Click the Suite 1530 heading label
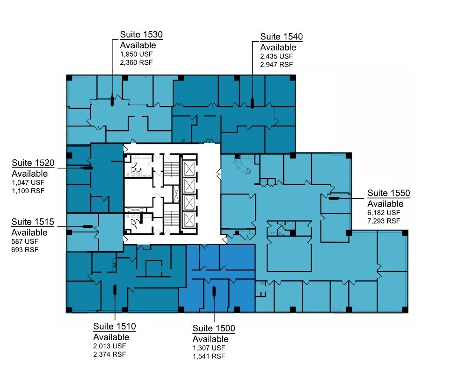pyautogui.click(x=141, y=35)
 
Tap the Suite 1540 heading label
pyautogui.click(x=281, y=37)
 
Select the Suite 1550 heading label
pyautogui.click(x=389, y=193)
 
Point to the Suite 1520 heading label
pyautogui.click(x=33, y=164)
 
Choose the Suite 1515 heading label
pyautogui.click(x=33, y=222)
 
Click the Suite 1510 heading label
pyautogui.click(x=115, y=327)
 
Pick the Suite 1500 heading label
pyautogui.click(x=214, y=328)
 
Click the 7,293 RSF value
pyautogui.click(x=384, y=221)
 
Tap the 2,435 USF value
pyautogui.click(x=276, y=56)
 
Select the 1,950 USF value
pyautogui.click(x=136, y=54)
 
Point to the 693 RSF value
pyautogui.click(x=25, y=250)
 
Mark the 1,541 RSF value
pyautogui.click(x=209, y=356)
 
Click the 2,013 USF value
pyautogui.click(x=109, y=346)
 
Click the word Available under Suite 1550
pyautogui.click(x=385, y=204)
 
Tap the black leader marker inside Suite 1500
pyautogui.click(x=214, y=291)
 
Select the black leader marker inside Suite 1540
pyautogui.click(x=252, y=103)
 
